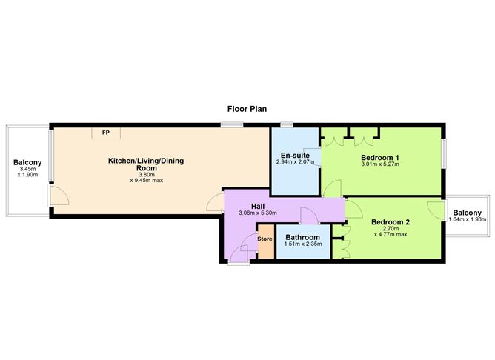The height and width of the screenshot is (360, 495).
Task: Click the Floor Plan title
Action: click(247, 108)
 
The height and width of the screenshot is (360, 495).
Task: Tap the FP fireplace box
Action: click(106, 133)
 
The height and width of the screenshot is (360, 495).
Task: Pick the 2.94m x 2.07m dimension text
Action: click(295, 162)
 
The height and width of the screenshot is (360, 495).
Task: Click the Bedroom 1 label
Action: click(380, 157)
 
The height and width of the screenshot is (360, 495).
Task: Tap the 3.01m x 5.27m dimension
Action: click(380, 164)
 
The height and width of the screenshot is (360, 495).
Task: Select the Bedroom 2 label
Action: click(391, 221)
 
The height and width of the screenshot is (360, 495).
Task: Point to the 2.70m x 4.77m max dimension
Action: click(391, 233)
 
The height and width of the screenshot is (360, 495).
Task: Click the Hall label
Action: click(258, 207)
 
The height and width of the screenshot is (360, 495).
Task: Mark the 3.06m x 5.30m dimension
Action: click(258, 214)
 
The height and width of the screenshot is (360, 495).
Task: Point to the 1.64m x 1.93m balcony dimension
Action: click(468, 219)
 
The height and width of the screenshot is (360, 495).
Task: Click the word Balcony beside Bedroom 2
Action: click(468, 211)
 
